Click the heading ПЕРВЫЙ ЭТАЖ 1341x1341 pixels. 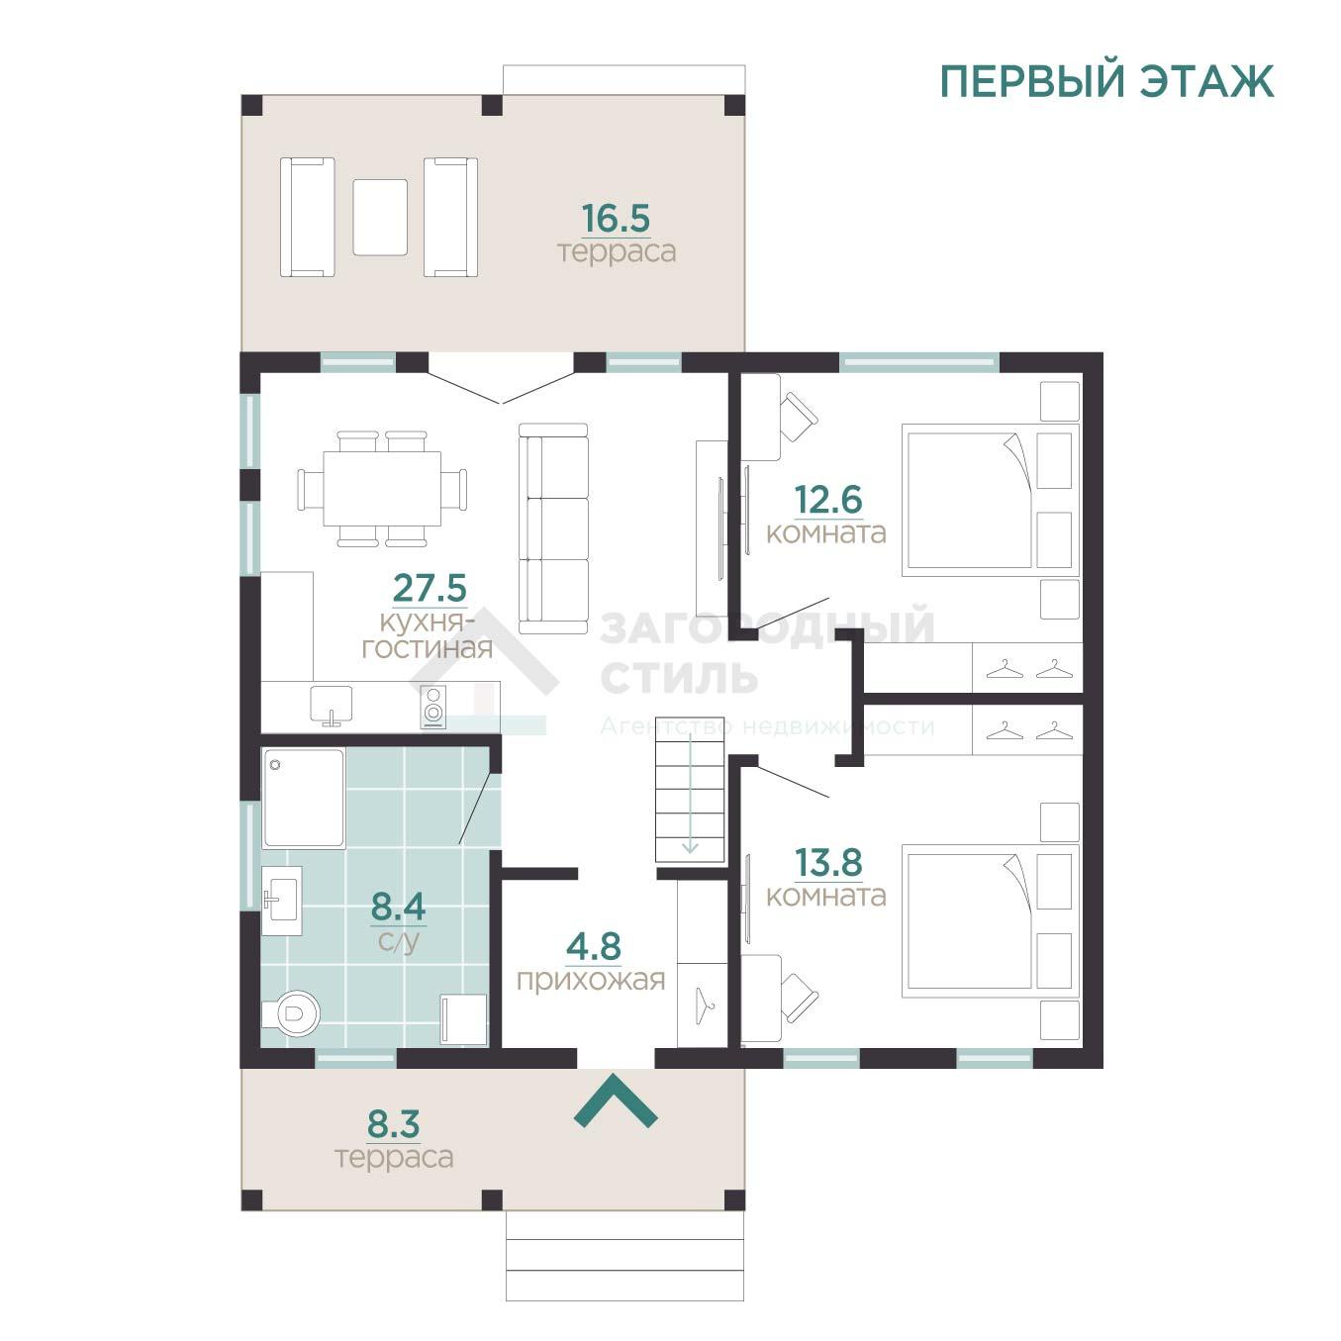coord(1105,81)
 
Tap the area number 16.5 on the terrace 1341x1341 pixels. coord(616,219)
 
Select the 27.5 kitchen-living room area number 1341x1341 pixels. coord(430,588)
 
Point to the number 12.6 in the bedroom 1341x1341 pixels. coord(828,500)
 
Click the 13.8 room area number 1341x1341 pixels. coord(828,863)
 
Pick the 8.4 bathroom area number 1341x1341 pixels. coord(398,907)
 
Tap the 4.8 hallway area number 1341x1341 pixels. coord(594,946)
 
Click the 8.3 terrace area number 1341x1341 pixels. coord(393,1124)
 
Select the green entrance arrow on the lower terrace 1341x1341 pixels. coord(616,1102)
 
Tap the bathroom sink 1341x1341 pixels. coord(282,901)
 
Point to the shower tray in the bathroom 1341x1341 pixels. coord(304,799)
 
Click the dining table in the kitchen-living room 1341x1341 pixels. coord(382,489)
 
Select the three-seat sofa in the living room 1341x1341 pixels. coord(553,528)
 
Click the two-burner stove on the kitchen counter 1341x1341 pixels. coord(433,707)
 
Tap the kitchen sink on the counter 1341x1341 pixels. coord(332,705)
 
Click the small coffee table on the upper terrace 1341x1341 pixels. coord(380,217)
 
